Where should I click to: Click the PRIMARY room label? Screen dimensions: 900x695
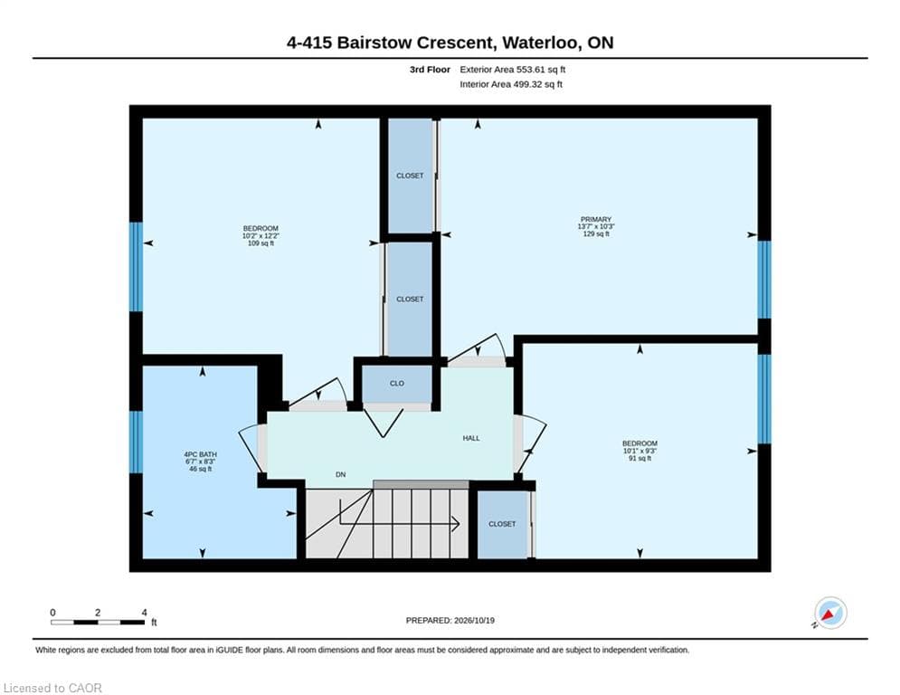pyautogui.click(x=596, y=219)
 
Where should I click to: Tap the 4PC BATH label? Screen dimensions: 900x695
pyautogui.click(x=200, y=454)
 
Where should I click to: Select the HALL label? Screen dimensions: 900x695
pyautogui.click(x=471, y=438)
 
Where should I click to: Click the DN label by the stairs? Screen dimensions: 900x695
pyautogui.click(x=341, y=474)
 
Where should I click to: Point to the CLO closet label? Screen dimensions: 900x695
pyautogui.click(x=397, y=383)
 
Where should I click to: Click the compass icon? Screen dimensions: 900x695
pyautogui.click(x=830, y=613)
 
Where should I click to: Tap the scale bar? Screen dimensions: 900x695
pyautogui.click(x=98, y=622)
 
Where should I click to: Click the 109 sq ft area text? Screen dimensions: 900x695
pyautogui.click(x=261, y=243)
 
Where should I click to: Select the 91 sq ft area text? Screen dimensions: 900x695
pyautogui.click(x=640, y=458)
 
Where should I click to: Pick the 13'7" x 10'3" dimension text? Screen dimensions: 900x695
pyautogui.click(x=596, y=226)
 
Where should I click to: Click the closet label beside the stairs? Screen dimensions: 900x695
pyautogui.click(x=502, y=524)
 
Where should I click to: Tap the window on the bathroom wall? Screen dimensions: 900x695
pyautogui.click(x=136, y=442)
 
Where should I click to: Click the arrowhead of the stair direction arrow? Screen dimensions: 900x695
pyautogui.click(x=456, y=524)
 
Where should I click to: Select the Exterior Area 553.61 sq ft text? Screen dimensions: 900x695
pyautogui.click(x=513, y=70)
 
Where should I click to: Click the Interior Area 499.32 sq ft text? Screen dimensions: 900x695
pyautogui.click(x=511, y=84)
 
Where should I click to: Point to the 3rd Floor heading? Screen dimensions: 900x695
pyautogui.click(x=430, y=70)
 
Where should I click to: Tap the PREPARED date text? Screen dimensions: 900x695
pyautogui.click(x=450, y=620)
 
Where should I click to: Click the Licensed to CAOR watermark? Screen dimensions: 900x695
pyautogui.click(x=52, y=688)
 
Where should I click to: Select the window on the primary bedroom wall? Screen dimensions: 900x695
pyautogui.click(x=764, y=280)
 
